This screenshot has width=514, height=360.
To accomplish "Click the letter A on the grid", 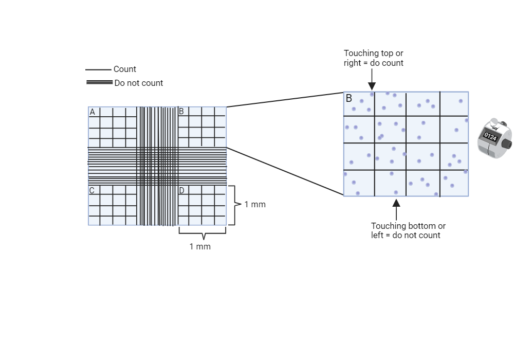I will (93, 112).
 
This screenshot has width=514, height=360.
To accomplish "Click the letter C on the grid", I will (92, 191).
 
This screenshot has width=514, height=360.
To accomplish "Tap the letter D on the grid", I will (181, 191).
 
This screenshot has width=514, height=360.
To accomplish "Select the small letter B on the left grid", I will (181, 112).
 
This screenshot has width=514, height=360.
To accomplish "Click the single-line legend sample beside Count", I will (98, 69).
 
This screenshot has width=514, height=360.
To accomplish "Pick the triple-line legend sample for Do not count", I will (99, 82).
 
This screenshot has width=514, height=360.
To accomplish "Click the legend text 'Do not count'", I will (138, 83).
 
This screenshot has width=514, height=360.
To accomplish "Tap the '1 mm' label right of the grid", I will (255, 205).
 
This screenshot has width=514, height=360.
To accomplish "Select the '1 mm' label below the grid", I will (200, 247).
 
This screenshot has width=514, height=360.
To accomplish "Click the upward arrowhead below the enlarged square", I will (396, 203).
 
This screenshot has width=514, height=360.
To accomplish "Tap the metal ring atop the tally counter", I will (494, 123).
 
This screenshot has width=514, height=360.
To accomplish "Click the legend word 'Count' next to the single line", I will (125, 69).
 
